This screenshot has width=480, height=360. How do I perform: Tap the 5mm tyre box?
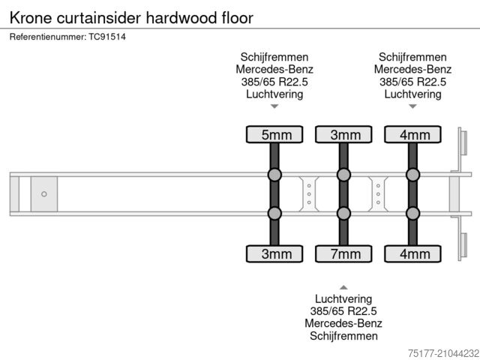[x=274, y=135]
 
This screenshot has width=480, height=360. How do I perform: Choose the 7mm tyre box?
[x=343, y=253]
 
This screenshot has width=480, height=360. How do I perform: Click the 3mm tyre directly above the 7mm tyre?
[x=343, y=135]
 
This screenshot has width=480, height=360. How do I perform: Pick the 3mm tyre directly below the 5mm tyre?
[x=274, y=253]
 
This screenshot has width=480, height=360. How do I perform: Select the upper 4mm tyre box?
[x=412, y=135]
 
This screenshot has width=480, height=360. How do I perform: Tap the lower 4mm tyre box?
[x=412, y=253]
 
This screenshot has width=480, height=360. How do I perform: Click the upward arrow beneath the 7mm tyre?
[x=343, y=286]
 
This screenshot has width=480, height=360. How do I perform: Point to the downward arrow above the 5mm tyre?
[x=274, y=106]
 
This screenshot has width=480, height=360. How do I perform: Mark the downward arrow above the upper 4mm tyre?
[x=412, y=106]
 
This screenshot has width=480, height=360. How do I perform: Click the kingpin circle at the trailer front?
[x=44, y=194]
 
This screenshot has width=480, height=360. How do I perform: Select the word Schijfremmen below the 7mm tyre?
[x=343, y=335]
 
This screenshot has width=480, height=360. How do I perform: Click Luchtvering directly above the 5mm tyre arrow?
[x=274, y=94]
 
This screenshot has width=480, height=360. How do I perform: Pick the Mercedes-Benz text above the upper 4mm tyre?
[x=412, y=70]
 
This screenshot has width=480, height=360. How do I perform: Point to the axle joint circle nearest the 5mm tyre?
[x=274, y=175]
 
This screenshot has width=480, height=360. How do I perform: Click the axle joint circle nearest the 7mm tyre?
[x=343, y=214]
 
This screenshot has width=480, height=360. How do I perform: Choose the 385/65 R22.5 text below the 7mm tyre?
[x=343, y=311]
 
